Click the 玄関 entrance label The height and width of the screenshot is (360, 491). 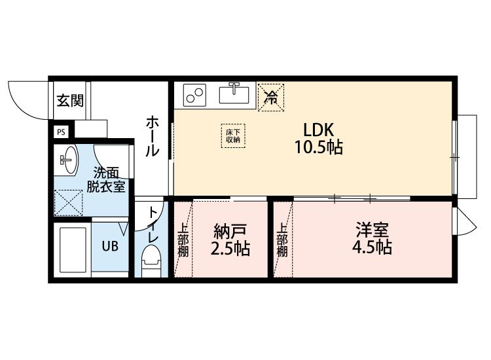coord(69,101)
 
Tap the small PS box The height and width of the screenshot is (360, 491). coord(61,132)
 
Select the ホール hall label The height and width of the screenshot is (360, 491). coord(152,135)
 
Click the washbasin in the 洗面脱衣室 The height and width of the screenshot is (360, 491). coord(68,158)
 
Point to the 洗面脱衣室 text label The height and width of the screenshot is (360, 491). coord(106,179)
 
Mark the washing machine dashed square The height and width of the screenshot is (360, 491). coord(68,203)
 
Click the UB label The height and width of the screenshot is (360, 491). coord(109,247)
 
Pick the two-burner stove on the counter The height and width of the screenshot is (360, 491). coord(194,96)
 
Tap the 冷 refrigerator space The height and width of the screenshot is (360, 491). coord(270,97)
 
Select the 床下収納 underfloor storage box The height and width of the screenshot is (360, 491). coord(233,135)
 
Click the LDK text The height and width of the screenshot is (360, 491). coord(318,128)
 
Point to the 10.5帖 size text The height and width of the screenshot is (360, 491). coord(318,147)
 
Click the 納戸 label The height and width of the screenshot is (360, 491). coord(230,232)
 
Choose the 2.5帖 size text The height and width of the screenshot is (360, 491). coord(230,249)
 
